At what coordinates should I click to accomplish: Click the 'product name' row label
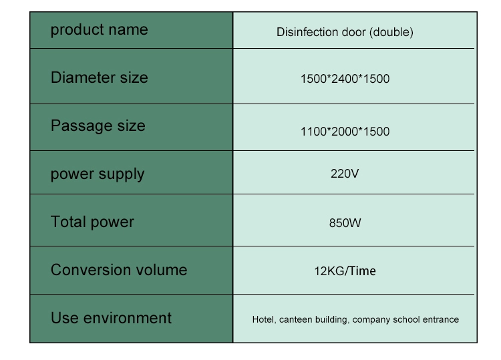pyautogui.click(x=100, y=30)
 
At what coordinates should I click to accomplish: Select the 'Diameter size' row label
pyautogui.click(x=100, y=77)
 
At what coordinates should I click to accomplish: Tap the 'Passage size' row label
pyautogui.click(x=98, y=126)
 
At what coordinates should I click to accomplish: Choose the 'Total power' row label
pyautogui.click(x=92, y=222)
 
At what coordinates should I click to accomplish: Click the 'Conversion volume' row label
pyautogui.click(x=119, y=270)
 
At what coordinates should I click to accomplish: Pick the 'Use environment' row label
pyautogui.click(x=111, y=318)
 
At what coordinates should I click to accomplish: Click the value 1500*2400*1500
pyautogui.click(x=345, y=79)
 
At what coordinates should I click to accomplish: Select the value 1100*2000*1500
pyautogui.click(x=345, y=132)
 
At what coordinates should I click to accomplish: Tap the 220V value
pyautogui.click(x=345, y=174)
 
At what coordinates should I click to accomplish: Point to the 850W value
pyautogui.click(x=345, y=223)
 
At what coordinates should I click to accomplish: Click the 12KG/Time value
pyautogui.click(x=345, y=271)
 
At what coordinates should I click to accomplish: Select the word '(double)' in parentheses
pyautogui.click(x=391, y=32)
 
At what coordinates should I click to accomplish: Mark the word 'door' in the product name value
pyautogui.click(x=353, y=32)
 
